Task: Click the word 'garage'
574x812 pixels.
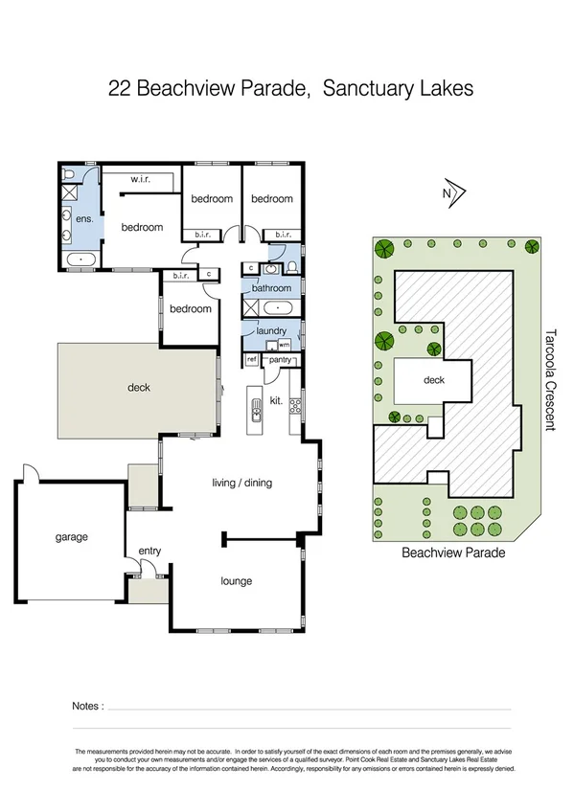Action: click(x=71, y=537)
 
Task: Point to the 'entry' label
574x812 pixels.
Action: click(x=149, y=551)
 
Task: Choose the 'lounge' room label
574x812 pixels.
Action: click(x=236, y=581)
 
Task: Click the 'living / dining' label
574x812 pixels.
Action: click(x=241, y=483)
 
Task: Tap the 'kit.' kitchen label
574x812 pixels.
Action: click(x=276, y=400)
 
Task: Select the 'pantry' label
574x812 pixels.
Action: click(x=281, y=360)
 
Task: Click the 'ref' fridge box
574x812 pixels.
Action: click(x=252, y=360)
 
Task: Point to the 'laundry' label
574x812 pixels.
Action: click(x=271, y=331)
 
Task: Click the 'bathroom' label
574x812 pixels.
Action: click(x=271, y=288)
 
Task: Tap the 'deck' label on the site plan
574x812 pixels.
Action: click(x=434, y=380)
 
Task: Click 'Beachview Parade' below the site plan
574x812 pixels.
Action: click(x=452, y=553)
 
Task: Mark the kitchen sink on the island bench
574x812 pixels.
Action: click(x=256, y=412)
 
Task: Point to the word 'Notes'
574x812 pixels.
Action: click(x=86, y=706)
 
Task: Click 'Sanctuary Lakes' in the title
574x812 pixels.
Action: click(x=398, y=90)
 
